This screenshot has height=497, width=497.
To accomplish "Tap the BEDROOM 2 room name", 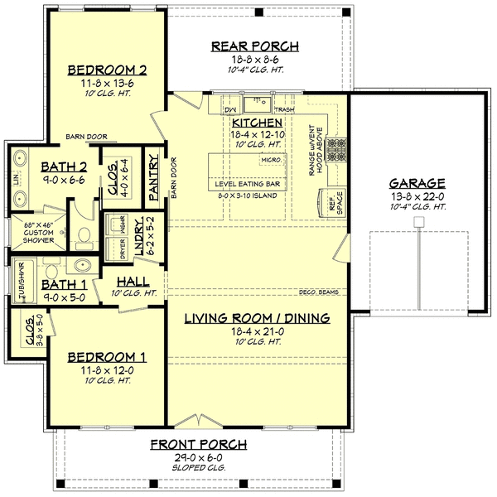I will coord(107,69).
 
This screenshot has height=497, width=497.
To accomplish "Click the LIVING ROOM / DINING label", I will coord(257,317).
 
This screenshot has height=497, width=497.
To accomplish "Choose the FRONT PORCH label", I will coord(197,445).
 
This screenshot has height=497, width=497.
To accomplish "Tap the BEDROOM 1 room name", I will coord(107,357).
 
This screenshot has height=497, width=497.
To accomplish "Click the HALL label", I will coord(133,282).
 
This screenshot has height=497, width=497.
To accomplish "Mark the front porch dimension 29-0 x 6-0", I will coord(197,457).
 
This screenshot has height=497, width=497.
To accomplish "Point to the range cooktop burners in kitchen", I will coord(337,149).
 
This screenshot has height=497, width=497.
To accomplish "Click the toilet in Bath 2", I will coord(83,239).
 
